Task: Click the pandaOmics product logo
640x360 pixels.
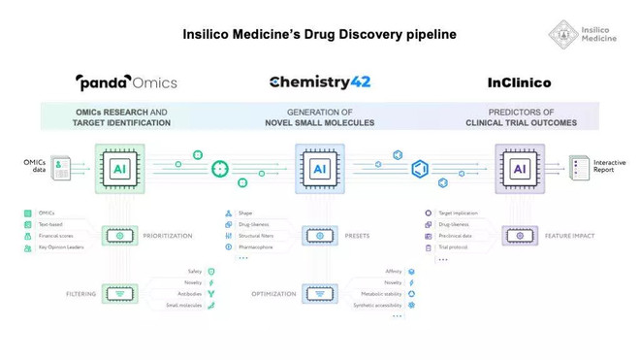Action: tap(126, 82)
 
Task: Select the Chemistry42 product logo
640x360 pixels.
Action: tap(320, 82)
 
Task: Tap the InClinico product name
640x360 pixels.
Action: tap(519, 82)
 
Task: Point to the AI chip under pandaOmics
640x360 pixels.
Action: tap(120, 168)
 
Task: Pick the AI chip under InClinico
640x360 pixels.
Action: tap(519, 168)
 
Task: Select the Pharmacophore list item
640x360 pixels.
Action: tap(262, 247)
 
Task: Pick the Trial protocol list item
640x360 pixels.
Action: tap(460, 247)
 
